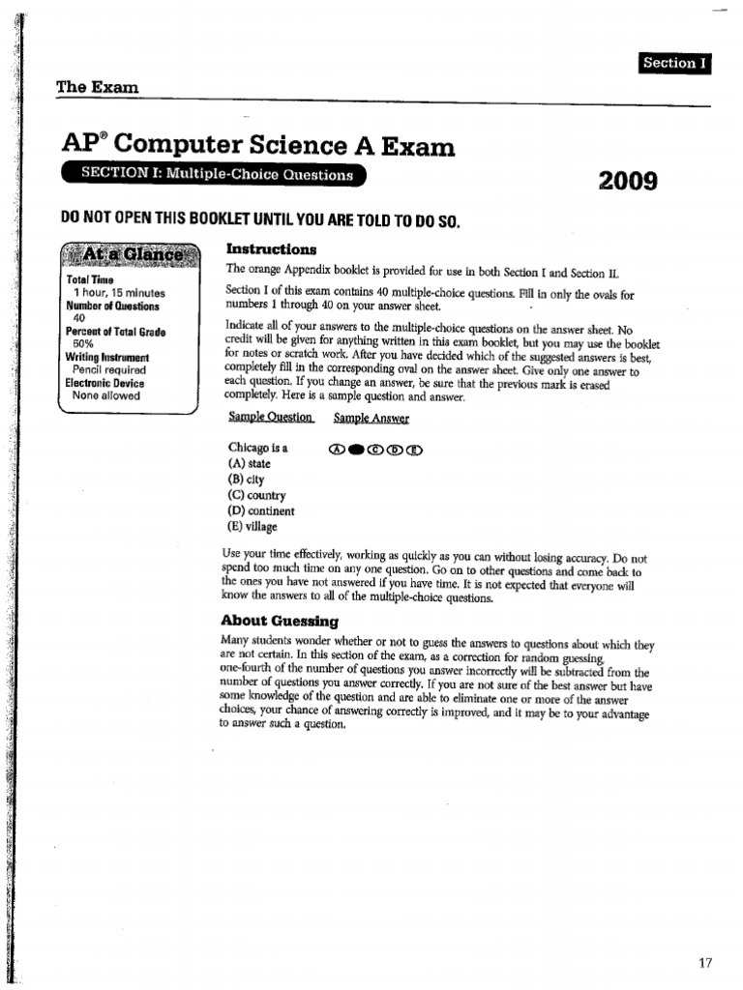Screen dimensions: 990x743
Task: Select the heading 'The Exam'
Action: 98,87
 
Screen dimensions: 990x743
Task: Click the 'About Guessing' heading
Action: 280,621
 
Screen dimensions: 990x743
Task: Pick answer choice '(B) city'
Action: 246,480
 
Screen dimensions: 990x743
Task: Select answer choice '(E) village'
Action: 253,527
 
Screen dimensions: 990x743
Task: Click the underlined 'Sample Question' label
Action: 271,418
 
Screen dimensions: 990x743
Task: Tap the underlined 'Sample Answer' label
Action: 371,418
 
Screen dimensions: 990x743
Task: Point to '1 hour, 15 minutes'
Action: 119,293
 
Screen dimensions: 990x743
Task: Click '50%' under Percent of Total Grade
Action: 83,343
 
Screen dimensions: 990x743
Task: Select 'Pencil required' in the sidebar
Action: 109,369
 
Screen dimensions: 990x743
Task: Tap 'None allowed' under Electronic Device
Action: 106,395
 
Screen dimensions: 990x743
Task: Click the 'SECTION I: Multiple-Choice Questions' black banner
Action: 216,175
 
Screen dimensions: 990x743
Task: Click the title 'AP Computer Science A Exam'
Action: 256,146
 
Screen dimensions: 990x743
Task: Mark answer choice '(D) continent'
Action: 261,511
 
